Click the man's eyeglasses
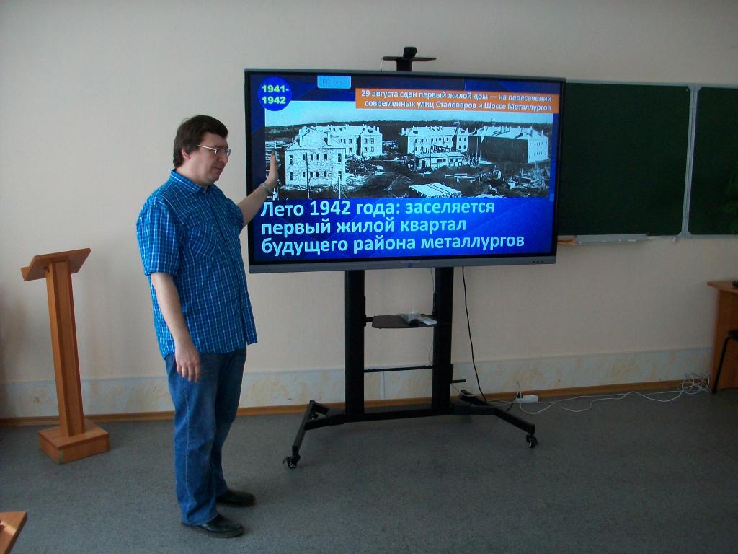pos(215,150)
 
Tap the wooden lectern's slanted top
pos(55,264)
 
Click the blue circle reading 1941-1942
pos(275,94)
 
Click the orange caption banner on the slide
pos(457,100)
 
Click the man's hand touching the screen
pos(272,169)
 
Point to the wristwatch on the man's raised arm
pos(266,188)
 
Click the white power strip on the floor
pos(526,398)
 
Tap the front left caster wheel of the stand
pos(291,461)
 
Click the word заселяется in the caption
pos(450,207)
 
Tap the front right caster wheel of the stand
pos(531,441)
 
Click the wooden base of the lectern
pos(74,441)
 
